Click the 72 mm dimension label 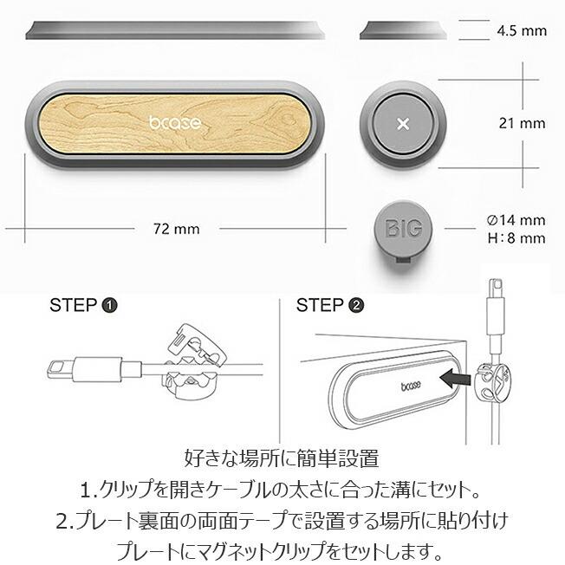[x=176, y=230]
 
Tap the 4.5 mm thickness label [x=522, y=30]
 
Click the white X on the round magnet [x=402, y=124]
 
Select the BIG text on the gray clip [x=403, y=229]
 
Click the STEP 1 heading [x=84, y=305]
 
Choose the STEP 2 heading [x=330, y=305]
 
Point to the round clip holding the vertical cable [x=495, y=384]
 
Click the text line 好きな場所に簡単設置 [x=282, y=457]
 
